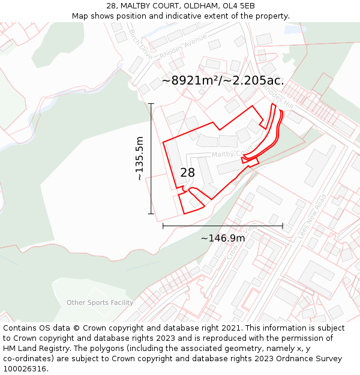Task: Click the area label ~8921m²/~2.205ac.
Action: pos(223,80)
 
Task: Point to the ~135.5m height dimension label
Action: pos(139,158)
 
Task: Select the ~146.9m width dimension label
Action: pos(223,238)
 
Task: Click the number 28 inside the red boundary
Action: pos(188,173)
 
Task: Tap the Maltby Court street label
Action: pos(233,154)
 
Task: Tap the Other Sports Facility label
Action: pos(100,302)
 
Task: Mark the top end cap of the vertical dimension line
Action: pos(151,104)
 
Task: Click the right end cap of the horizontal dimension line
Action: pos(283,226)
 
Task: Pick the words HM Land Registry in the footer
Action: pos(32,349)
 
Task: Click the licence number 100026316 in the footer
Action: pos(25,369)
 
